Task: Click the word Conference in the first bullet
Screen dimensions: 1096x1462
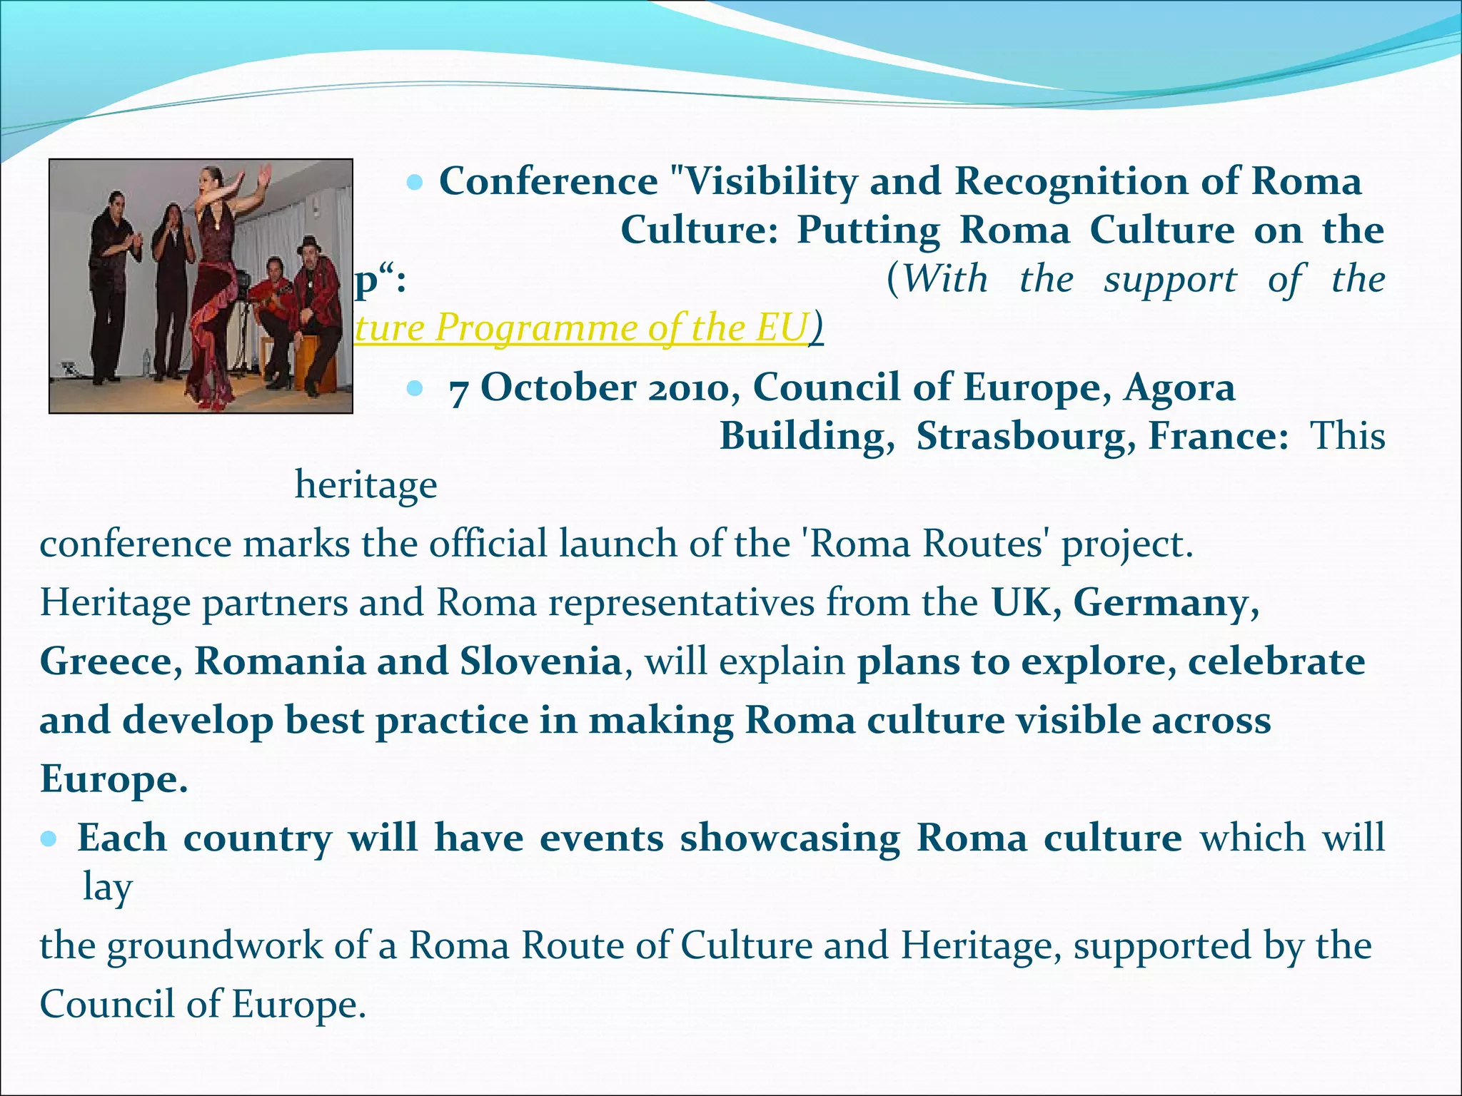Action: point(548,181)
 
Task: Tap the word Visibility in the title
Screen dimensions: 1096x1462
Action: point(770,181)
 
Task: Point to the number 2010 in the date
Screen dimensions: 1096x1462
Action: point(689,389)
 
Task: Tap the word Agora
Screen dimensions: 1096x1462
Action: point(1179,389)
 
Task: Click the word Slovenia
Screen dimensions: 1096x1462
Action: point(540,661)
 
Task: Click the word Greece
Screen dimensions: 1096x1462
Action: point(111,661)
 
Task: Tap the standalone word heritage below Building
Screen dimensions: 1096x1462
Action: point(365,486)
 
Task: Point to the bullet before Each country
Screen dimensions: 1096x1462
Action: point(49,838)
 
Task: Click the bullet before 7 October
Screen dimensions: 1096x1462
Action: point(414,389)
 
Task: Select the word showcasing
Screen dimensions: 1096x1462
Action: point(790,838)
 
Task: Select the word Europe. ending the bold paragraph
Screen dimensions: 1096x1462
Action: point(113,778)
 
